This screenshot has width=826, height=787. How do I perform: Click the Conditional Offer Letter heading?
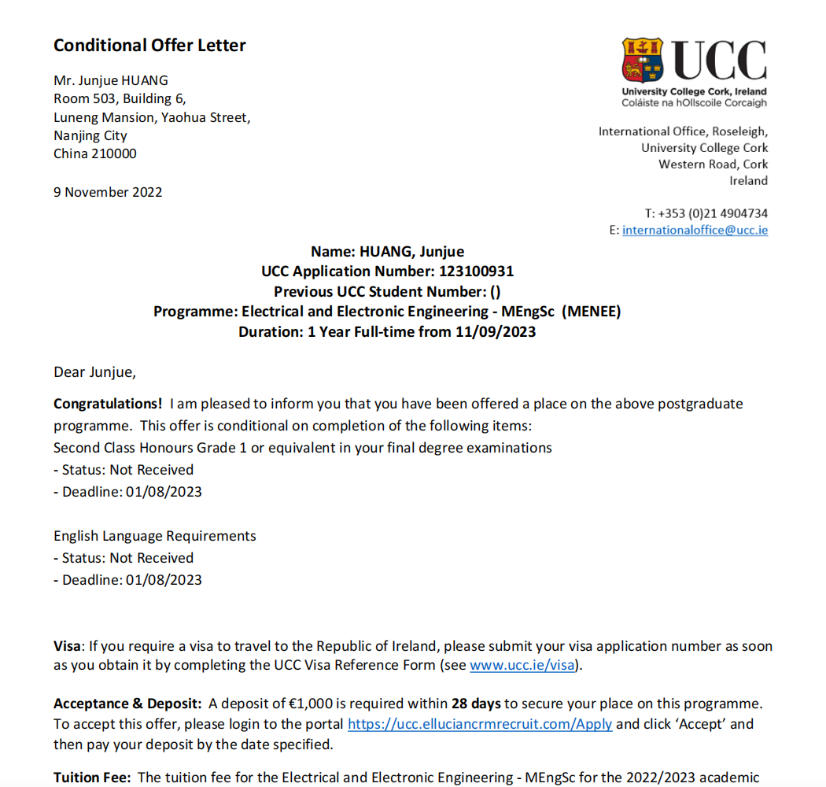[x=149, y=46]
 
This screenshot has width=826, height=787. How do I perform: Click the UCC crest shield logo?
[x=643, y=61]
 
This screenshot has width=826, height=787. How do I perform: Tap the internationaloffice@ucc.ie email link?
[x=695, y=231]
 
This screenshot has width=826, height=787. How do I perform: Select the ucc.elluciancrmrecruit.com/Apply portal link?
[x=480, y=724]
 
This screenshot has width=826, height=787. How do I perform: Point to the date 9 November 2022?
[x=108, y=192]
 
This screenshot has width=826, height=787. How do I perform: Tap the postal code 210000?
[x=112, y=154]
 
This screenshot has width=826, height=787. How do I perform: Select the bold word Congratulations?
[x=108, y=405]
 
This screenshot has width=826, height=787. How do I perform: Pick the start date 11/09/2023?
[x=495, y=332]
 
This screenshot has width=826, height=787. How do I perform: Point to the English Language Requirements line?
[x=155, y=536]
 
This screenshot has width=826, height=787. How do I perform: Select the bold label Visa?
[x=66, y=647]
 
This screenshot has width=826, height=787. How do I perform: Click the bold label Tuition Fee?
[x=93, y=778]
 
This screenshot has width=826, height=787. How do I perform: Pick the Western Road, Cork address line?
[x=713, y=164]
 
